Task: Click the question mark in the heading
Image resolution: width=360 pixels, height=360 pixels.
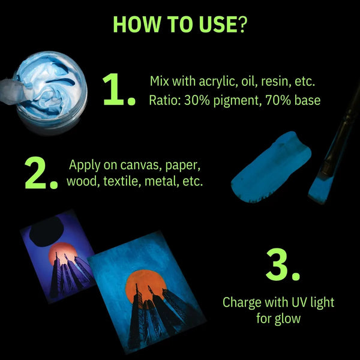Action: coord(241,24)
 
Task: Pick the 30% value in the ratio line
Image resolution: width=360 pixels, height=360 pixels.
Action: coord(197,100)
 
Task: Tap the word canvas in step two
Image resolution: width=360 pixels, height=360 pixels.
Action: coord(139,165)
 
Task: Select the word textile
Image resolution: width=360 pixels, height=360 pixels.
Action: coord(122,181)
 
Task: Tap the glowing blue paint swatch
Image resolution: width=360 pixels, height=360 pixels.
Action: coord(271,167)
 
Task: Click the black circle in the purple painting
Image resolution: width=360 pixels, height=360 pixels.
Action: coord(47,231)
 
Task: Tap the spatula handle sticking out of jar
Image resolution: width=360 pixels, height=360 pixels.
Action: coord(11,92)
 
